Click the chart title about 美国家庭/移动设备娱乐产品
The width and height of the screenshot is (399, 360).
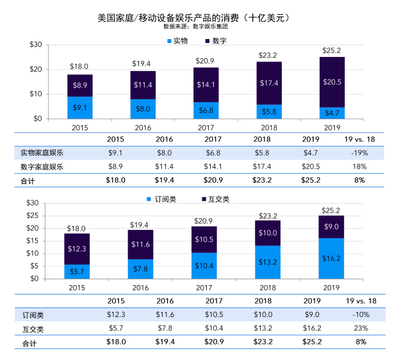pyautogui.click(x=199, y=17)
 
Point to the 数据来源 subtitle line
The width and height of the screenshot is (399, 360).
pyautogui.click(x=199, y=28)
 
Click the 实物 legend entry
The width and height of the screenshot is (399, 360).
pyautogui.click(x=177, y=40)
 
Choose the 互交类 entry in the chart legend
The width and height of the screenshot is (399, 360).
pyautogui.click(x=215, y=199)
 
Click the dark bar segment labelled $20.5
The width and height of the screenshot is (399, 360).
pyautogui.click(x=332, y=82)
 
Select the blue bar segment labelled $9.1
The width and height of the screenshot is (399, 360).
pyautogui.click(x=80, y=108)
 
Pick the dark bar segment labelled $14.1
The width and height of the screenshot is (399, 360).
pyautogui.click(x=206, y=85)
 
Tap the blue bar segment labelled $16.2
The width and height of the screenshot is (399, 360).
pyautogui.click(x=332, y=258)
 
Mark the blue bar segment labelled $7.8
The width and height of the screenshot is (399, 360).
pyautogui.click(x=143, y=269)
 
